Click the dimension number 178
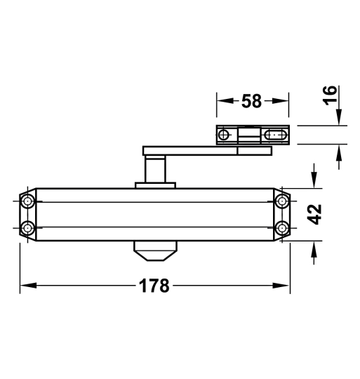point(154,286)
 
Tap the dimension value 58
point(251,101)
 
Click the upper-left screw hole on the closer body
point(27,202)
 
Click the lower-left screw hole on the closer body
point(27,227)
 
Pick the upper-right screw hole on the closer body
point(281,202)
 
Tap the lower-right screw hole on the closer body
point(281,227)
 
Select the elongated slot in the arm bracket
point(276,133)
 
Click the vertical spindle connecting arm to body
point(154,169)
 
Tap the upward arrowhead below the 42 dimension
point(314,247)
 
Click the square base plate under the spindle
point(154,185)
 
